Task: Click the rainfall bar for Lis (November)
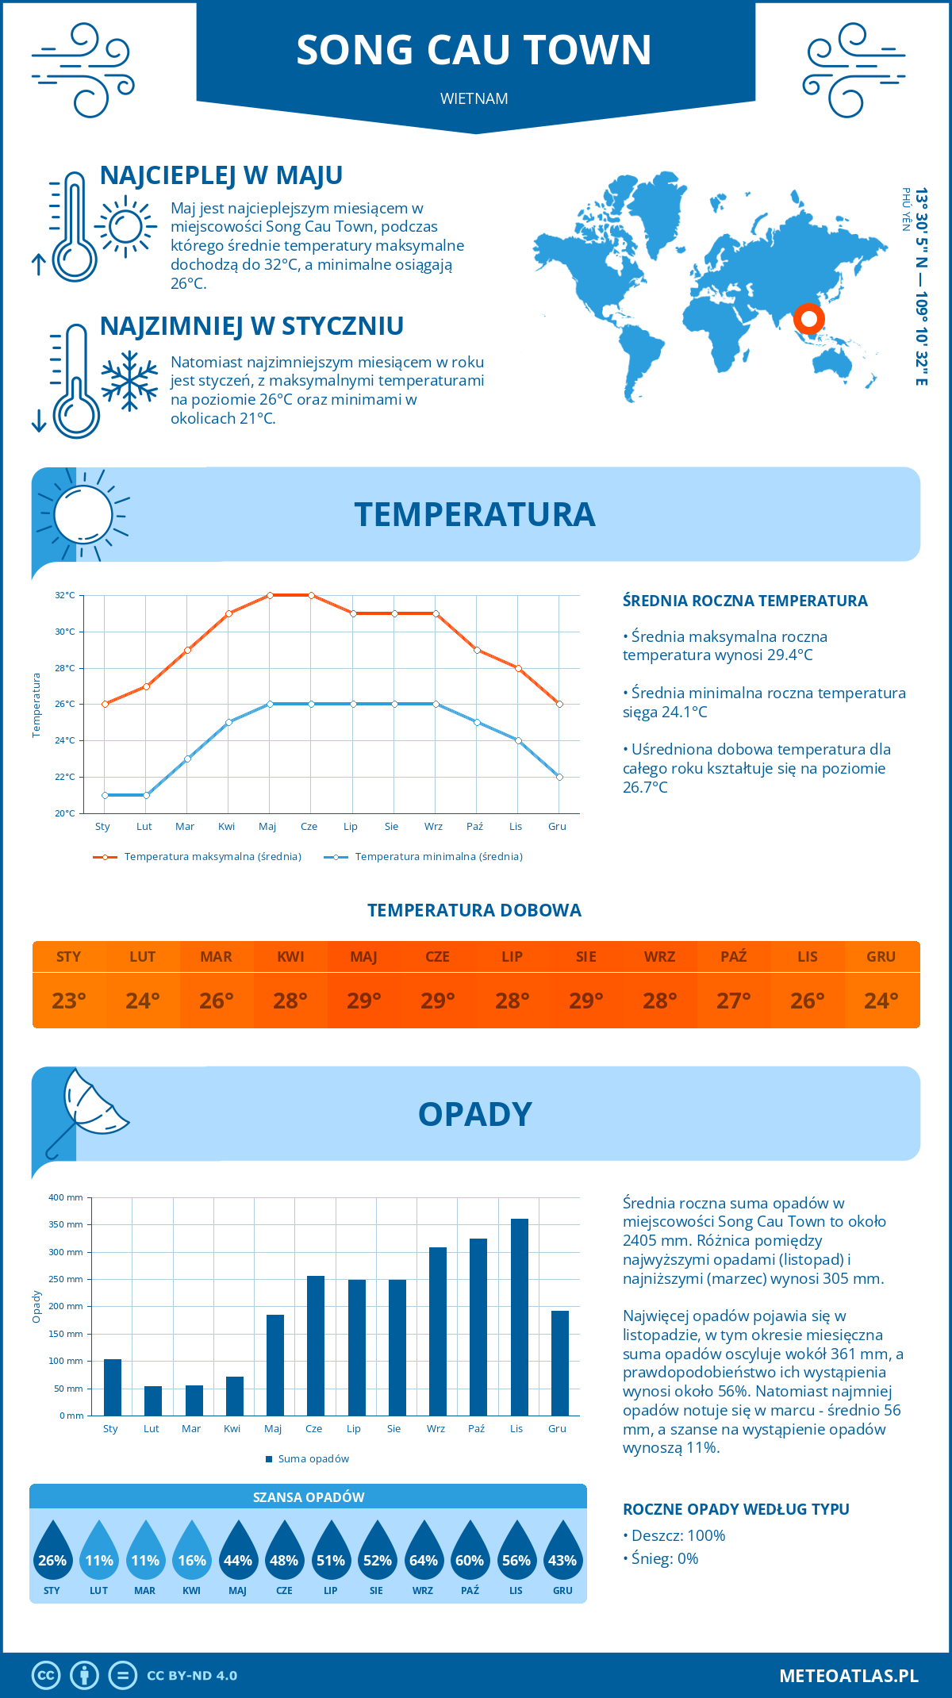pos(519,1317)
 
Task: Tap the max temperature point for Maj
pos(270,595)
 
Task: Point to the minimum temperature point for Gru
pos(559,777)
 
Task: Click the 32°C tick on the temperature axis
pos(65,595)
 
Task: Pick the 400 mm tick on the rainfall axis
pos(66,1197)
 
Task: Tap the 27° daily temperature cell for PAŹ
pos(733,1001)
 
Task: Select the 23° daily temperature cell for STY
pos(69,1001)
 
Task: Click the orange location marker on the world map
pos(808,320)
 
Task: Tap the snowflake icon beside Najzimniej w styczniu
pos(129,381)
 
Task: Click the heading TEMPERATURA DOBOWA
pos(474,910)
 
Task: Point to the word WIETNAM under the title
pos(474,98)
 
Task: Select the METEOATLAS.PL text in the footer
pos(848,1676)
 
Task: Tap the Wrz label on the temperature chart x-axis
pos(433,826)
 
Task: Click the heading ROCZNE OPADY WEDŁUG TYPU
pos(735,1509)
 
